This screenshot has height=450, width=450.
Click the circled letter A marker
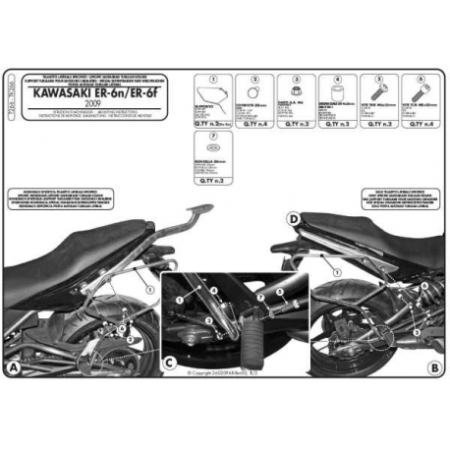tap(11, 368)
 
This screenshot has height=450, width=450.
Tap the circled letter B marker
tap(434, 368)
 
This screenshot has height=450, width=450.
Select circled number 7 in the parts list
tap(200, 138)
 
